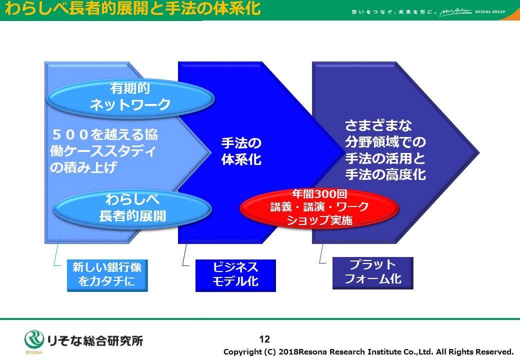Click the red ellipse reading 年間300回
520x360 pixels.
tap(319, 208)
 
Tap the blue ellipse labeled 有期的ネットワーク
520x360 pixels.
tap(130, 98)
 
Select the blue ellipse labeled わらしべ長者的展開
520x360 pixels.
tap(132, 209)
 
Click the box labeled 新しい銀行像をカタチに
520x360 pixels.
tap(107, 275)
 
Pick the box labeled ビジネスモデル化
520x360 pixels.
tap(235, 275)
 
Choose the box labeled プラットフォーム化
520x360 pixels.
tap(373, 273)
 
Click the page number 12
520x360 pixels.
tap(264, 339)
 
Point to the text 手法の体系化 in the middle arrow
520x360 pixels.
tap(241, 151)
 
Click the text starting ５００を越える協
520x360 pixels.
tap(104, 151)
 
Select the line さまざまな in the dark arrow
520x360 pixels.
tap(378, 125)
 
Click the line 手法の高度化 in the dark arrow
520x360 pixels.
tap(385, 174)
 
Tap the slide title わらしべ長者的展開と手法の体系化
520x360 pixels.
tap(132, 8)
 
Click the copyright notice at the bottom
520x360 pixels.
tap(368, 351)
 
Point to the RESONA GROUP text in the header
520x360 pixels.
tap(490, 11)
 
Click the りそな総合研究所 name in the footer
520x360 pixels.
tap(95, 340)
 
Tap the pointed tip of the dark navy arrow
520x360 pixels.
tap(479, 153)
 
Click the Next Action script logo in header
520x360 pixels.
tap(455, 12)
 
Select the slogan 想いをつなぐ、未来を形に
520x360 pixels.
tap(393, 12)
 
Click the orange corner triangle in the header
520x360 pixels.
tap(512, 15)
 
